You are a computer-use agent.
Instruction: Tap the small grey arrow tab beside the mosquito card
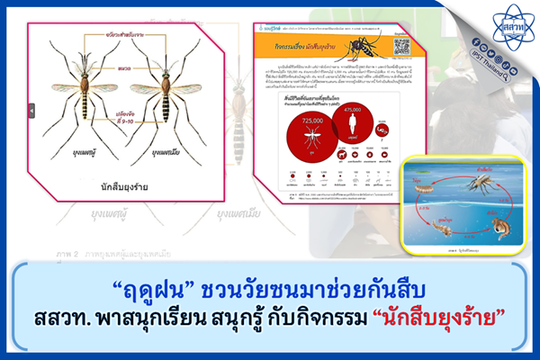(x=31, y=111)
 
